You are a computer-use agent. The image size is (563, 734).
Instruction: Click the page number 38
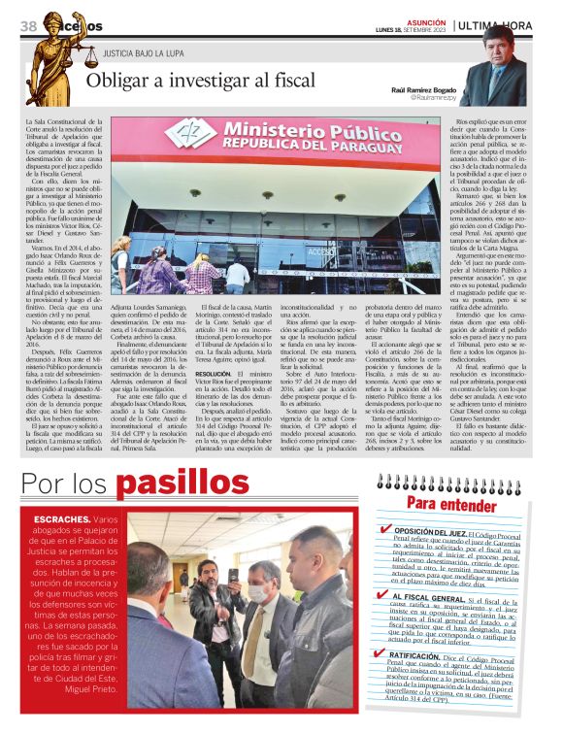click(x=27, y=25)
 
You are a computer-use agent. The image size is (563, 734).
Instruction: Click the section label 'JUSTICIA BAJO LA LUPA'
click(x=144, y=52)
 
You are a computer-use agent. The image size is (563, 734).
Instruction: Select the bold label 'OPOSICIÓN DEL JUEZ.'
click(x=430, y=534)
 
